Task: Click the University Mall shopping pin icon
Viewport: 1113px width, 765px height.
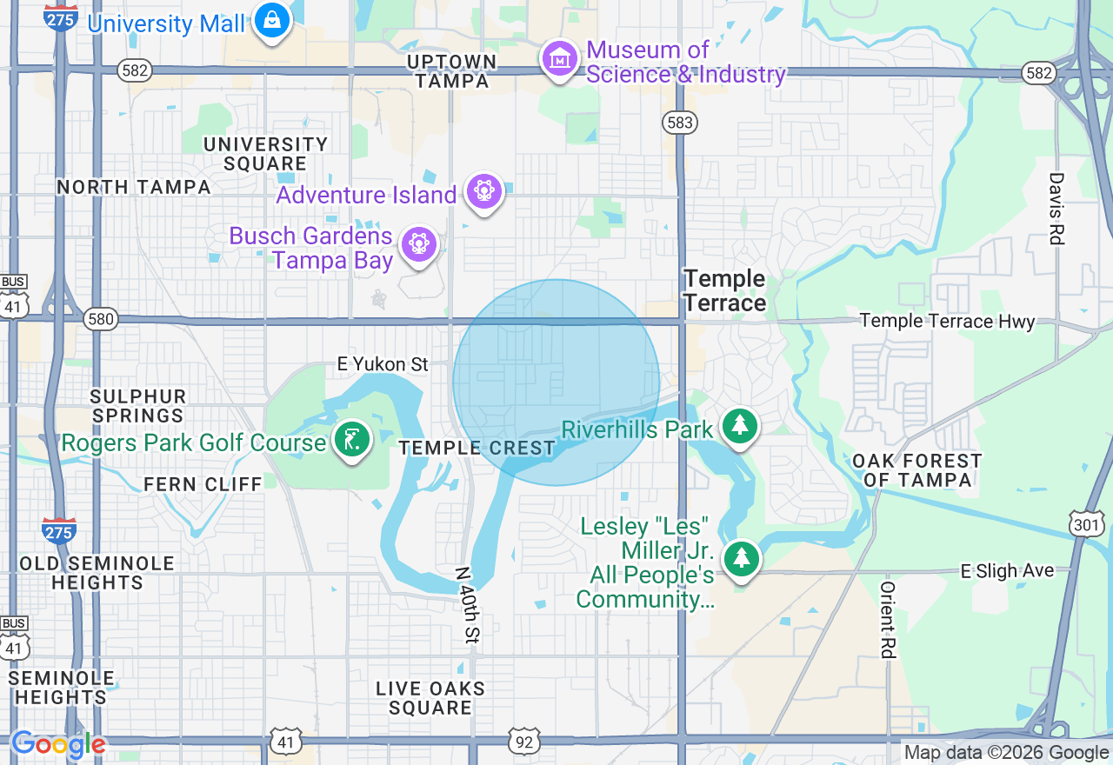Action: (271, 20)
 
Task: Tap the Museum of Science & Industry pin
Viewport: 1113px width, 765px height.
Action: (560, 59)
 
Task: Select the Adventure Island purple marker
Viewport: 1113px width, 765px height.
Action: (484, 191)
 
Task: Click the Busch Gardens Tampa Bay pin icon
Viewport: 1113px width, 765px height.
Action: (419, 245)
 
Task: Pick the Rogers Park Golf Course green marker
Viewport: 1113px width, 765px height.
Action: (352, 440)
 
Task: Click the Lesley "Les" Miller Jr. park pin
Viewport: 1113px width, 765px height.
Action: (741, 558)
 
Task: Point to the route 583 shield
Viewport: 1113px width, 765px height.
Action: (679, 122)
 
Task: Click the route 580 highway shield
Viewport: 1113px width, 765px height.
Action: (101, 319)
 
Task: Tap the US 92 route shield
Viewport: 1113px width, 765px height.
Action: (523, 741)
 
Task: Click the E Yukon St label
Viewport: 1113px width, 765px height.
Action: (383, 364)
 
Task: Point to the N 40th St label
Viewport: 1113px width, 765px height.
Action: (468, 605)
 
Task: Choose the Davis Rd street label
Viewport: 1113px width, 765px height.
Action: (1056, 209)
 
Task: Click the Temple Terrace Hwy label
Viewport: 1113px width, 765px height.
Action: (947, 322)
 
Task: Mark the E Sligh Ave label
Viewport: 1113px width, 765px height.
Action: (1007, 571)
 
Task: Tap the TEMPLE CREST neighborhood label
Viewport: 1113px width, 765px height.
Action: (477, 449)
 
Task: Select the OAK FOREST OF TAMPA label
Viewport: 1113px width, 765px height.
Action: (916, 470)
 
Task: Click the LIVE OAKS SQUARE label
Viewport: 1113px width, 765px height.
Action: (430, 698)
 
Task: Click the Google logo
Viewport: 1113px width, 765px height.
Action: (58, 745)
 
